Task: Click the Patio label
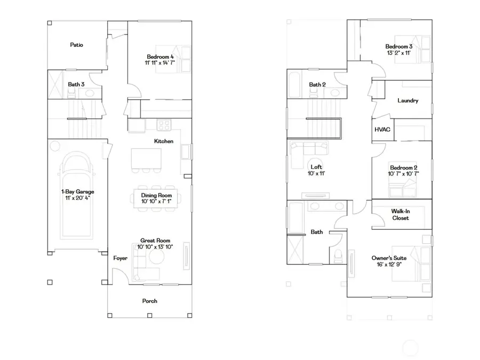pyautogui.click(x=76, y=45)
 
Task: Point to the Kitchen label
pyautogui.click(x=163, y=141)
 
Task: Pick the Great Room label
pyautogui.click(x=155, y=240)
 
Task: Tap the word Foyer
pyautogui.click(x=120, y=258)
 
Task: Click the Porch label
pyautogui.click(x=150, y=301)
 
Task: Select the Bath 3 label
pyautogui.click(x=76, y=84)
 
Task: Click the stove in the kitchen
pyautogui.click(x=164, y=126)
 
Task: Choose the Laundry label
pyautogui.click(x=408, y=100)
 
